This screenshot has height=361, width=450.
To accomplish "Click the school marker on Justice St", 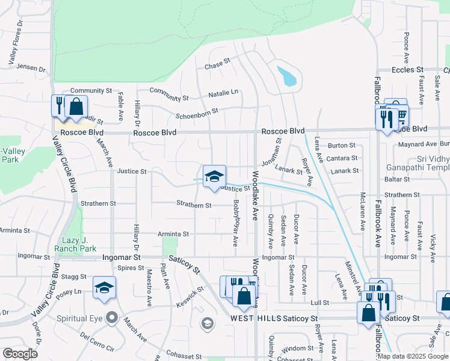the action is tap(214, 177).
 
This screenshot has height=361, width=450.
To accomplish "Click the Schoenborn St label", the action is tap(196, 113).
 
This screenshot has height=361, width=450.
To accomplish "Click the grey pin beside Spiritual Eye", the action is tap(111, 316).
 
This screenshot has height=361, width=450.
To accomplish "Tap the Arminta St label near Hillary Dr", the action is tap(173, 233).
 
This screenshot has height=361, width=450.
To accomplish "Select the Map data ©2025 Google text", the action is tap(412, 356).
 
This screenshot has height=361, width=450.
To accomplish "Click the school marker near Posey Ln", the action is tap(104, 288).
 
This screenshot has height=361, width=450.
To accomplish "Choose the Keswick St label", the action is tap(190, 295).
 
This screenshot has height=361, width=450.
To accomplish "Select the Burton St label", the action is tap(342, 146).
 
